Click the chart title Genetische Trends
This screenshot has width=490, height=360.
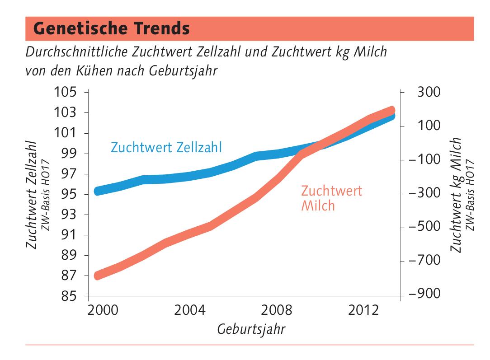(111, 28)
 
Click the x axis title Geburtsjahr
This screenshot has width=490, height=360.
(251, 328)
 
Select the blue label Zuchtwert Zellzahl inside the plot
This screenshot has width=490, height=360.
(166, 148)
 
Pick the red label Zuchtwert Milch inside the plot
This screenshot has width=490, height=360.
(331, 198)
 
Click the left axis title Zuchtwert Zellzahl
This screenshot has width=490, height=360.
(32, 194)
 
